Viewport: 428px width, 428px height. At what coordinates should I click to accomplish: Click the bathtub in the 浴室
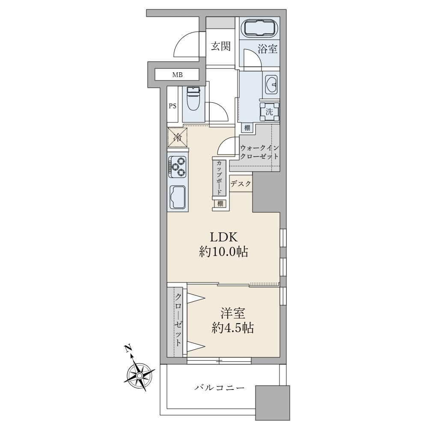click(x=261, y=28)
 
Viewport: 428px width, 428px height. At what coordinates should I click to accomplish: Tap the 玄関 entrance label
click(x=220, y=46)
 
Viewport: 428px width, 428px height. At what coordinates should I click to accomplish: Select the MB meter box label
click(x=178, y=75)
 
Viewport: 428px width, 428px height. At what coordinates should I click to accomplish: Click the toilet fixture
click(x=193, y=98)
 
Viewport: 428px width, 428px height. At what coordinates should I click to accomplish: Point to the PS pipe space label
click(x=172, y=106)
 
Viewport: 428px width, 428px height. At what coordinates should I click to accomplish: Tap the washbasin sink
click(x=271, y=84)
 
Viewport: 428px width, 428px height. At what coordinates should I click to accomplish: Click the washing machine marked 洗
click(x=269, y=112)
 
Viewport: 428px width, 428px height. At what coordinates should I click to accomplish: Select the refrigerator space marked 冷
click(x=178, y=137)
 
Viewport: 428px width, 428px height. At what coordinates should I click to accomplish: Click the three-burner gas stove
click(x=178, y=167)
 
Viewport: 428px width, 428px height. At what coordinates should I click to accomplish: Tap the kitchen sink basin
click(x=178, y=197)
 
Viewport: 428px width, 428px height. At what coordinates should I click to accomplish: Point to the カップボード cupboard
click(x=219, y=178)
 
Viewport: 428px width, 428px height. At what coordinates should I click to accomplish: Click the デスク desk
click(x=241, y=184)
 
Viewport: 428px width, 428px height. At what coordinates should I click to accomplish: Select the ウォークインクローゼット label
click(x=259, y=152)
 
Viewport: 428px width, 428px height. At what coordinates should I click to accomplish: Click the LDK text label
click(x=223, y=237)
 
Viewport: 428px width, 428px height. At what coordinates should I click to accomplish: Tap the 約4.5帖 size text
click(x=233, y=328)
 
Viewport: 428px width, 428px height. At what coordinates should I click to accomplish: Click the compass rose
click(x=140, y=376)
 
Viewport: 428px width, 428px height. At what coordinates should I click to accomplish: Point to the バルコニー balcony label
click(x=220, y=388)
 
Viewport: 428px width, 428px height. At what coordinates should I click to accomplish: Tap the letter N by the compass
click(x=128, y=349)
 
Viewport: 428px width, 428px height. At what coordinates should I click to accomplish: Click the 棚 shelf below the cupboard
click(x=220, y=203)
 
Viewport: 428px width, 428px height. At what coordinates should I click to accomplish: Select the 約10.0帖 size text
click(x=223, y=251)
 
